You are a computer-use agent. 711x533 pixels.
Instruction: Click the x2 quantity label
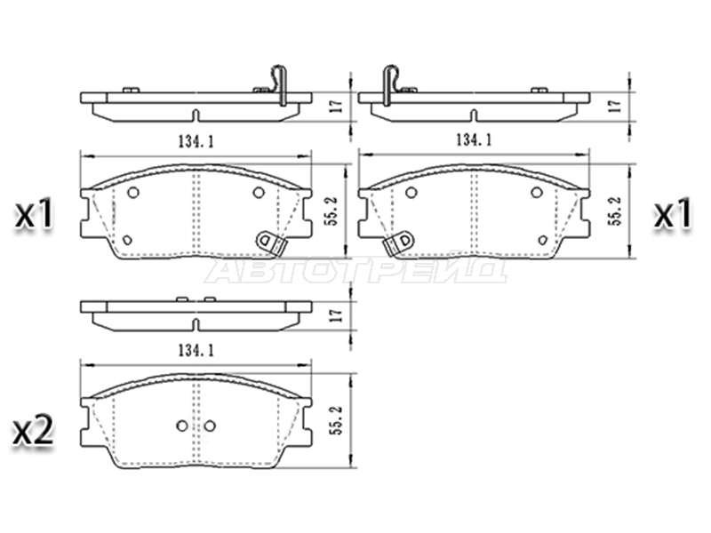point(33,431)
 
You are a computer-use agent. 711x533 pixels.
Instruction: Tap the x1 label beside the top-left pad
point(35,214)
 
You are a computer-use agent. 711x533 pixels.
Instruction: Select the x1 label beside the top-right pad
point(673,214)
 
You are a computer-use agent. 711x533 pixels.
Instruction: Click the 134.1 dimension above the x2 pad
point(196,350)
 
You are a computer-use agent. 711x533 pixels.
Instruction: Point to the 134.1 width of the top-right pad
point(474,140)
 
